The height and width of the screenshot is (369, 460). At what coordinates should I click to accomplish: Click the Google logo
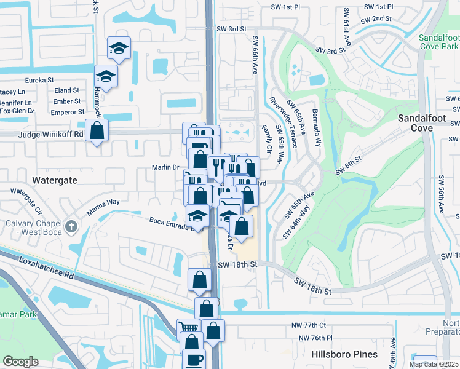click(x=20, y=362)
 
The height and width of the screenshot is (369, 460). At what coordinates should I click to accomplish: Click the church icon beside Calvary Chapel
click(x=72, y=226)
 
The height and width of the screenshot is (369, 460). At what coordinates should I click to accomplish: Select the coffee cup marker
click(x=194, y=359)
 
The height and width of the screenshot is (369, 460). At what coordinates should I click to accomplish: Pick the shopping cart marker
click(x=188, y=328)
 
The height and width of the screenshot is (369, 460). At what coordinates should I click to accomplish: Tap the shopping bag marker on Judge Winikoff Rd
click(x=97, y=130)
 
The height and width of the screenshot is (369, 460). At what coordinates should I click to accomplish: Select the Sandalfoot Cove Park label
click(x=438, y=42)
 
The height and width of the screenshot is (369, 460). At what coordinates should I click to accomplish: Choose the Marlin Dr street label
click(x=165, y=167)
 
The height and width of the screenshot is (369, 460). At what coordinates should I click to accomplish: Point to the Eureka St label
click(x=39, y=80)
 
